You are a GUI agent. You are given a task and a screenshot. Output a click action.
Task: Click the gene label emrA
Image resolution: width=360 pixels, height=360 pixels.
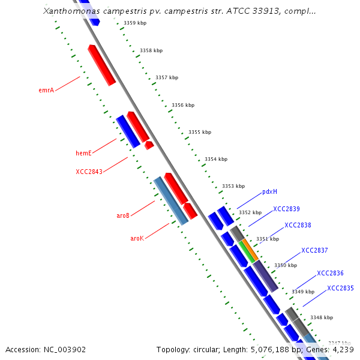[46, 90]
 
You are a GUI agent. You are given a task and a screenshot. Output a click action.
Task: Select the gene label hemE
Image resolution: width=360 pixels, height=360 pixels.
[83, 153]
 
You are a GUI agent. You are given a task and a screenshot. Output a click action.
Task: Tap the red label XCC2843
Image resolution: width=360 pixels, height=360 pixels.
[89, 172]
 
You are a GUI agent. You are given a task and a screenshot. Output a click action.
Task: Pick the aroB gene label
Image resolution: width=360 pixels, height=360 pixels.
[123, 215]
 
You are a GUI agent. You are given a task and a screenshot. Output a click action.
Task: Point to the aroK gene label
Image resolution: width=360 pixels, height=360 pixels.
[137, 238]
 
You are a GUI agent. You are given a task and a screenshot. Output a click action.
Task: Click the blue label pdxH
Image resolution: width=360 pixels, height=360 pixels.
[269, 192]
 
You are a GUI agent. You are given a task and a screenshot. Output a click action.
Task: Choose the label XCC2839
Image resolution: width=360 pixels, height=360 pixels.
[286, 209]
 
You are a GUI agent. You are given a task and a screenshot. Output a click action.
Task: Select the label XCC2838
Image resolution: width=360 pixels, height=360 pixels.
[298, 225]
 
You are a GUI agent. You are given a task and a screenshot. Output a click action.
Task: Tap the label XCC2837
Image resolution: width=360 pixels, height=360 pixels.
[314, 250]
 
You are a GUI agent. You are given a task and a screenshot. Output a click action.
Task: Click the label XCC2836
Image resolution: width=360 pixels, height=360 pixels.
[330, 273]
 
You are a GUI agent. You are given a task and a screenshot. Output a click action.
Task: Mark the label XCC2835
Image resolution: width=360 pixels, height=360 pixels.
[340, 288]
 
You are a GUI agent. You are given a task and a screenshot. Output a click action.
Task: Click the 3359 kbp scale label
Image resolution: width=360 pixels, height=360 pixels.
[135, 23]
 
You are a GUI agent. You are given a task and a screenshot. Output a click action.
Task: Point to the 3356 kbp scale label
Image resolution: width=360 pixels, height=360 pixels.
[183, 105]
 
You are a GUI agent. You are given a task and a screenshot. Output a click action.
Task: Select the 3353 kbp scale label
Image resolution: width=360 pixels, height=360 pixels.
[233, 186]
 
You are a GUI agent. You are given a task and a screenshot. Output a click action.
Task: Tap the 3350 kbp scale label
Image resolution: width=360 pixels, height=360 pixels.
[286, 265]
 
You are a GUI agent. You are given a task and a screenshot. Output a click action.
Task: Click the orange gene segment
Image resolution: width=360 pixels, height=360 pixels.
[251, 249]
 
